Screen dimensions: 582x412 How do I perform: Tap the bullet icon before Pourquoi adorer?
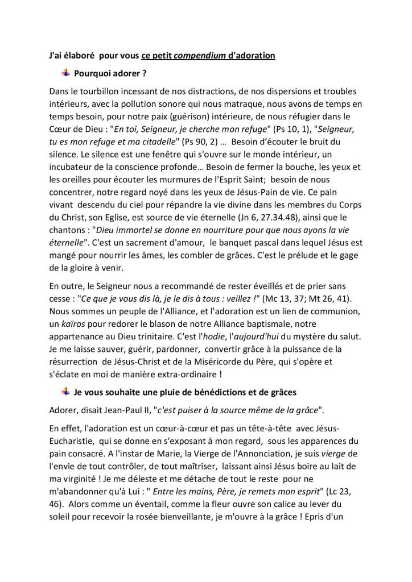66,72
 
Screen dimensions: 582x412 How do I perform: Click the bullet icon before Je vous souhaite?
66,390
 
